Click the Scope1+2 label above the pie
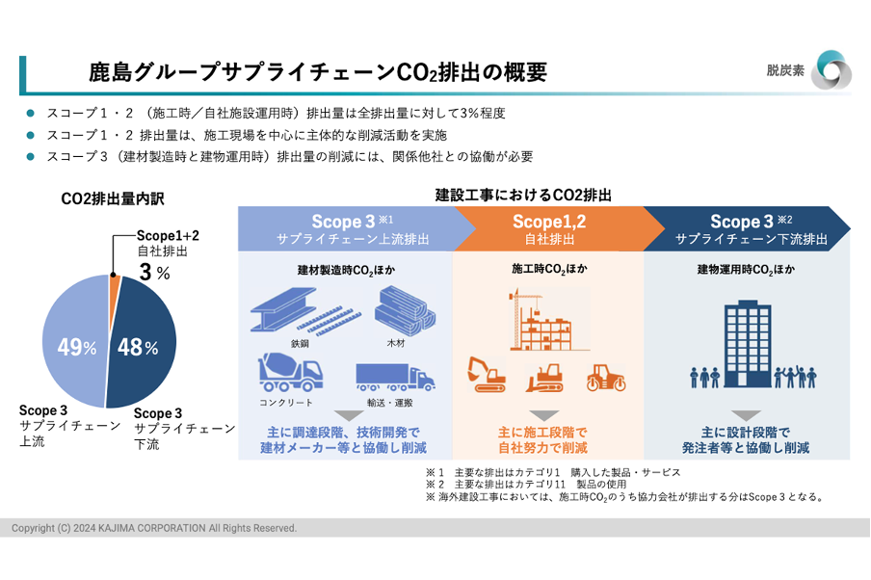(168, 234)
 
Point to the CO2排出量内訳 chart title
(113, 199)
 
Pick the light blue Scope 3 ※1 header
(352, 228)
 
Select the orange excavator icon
(487, 375)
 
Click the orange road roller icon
(606, 377)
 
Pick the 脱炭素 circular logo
(830, 70)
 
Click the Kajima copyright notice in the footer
(154, 528)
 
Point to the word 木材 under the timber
(396, 342)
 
